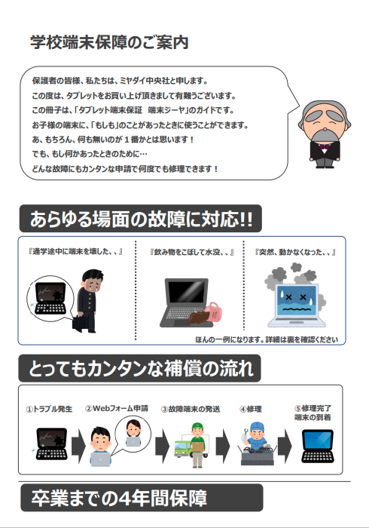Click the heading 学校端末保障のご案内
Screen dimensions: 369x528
click(109, 43)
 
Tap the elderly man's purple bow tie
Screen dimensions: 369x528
click(324, 147)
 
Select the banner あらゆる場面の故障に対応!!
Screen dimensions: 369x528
click(141, 219)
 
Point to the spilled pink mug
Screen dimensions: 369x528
click(213, 311)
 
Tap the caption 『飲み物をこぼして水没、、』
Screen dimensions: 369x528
click(191, 252)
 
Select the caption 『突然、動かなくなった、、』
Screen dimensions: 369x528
click(295, 252)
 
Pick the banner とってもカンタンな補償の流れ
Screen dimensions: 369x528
click(140, 368)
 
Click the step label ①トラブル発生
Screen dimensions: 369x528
click(49, 409)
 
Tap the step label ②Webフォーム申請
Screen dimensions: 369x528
click(117, 409)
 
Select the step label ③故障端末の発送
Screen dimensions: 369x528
click(191, 409)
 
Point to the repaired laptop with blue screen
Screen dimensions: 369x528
click(318, 446)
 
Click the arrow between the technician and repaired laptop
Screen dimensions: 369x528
click(285, 446)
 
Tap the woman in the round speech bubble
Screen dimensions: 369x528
click(133, 433)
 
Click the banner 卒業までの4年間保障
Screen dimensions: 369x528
click(142, 498)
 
